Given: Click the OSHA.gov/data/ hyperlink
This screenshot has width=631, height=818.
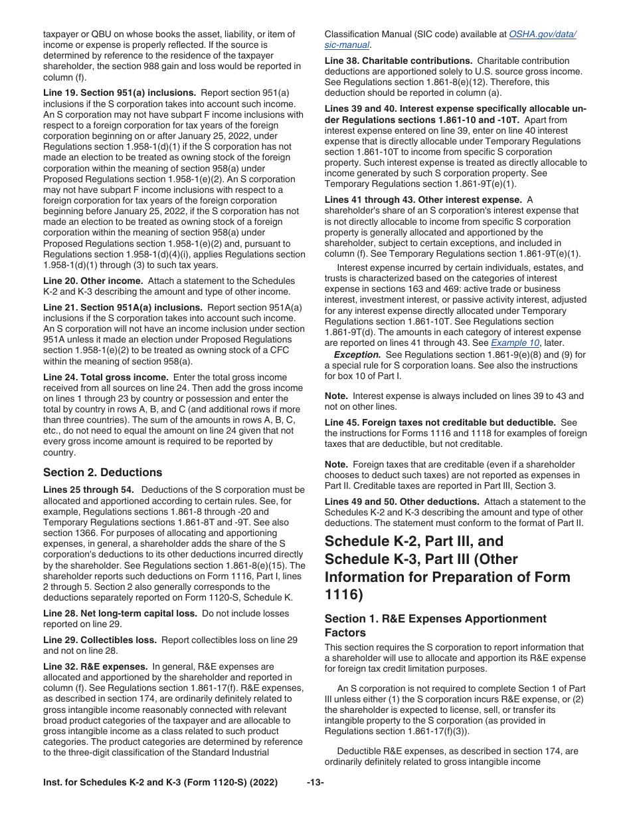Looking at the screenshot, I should (542, 35).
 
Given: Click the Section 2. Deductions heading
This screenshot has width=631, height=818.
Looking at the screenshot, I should (102, 473).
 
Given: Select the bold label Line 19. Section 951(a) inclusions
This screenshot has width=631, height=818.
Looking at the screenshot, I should (119, 93).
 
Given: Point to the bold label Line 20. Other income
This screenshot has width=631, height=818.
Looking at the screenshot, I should (93, 281).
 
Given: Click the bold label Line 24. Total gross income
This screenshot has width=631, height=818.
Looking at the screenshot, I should (106, 377).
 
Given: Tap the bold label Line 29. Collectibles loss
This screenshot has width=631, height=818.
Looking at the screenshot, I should (100, 640).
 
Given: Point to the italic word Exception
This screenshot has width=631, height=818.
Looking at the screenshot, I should (357, 354).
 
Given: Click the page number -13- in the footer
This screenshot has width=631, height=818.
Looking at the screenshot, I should (315, 783).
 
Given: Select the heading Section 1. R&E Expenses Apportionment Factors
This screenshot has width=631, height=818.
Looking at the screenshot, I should (435, 625).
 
